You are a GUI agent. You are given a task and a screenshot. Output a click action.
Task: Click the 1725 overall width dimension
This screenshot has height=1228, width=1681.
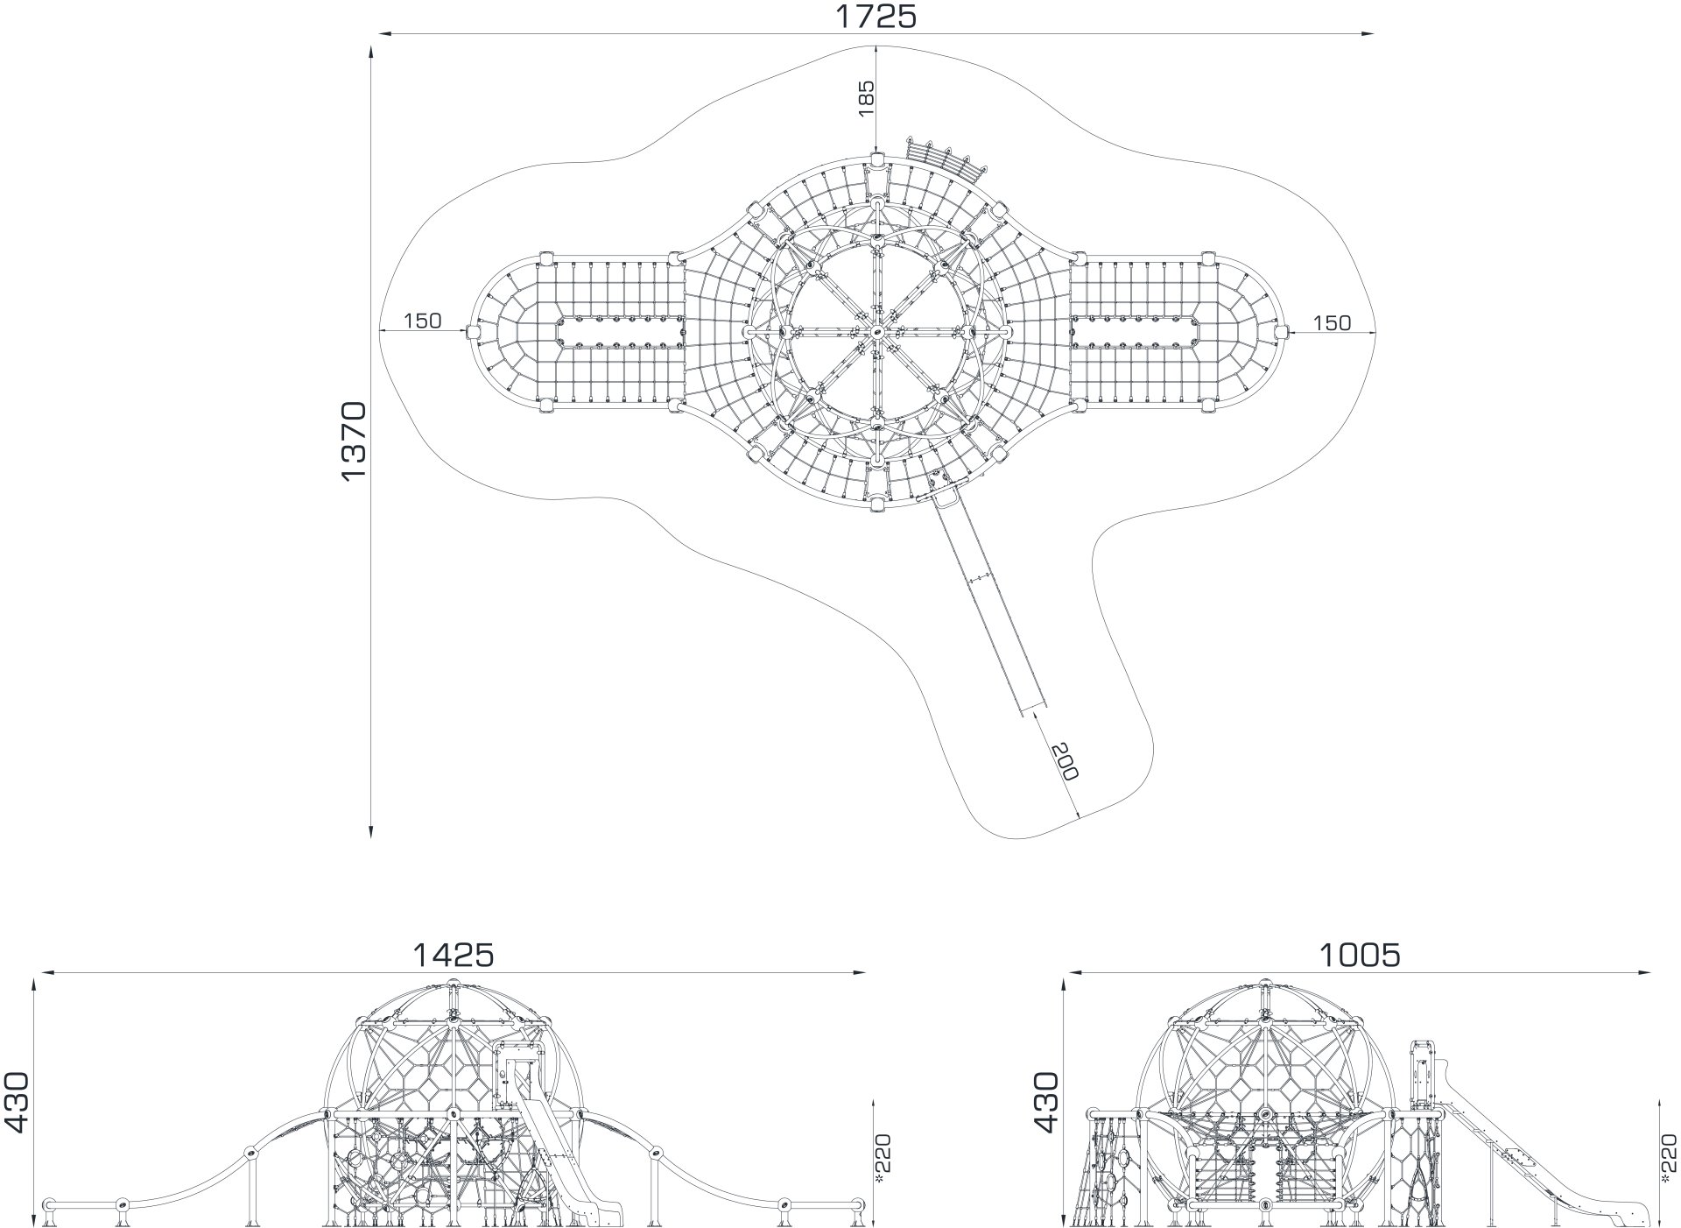(876, 16)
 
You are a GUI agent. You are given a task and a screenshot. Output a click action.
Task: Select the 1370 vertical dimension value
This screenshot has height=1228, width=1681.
(354, 441)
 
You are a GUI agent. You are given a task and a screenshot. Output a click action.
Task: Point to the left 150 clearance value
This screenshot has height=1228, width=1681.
(423, 321)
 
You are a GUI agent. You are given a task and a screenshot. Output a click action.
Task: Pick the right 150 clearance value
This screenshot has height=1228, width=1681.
(1333, 323)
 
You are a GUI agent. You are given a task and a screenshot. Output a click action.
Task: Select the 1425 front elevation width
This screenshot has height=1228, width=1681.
(454, 955)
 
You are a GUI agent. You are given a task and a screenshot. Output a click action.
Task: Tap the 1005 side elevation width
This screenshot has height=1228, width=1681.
(1360, 955)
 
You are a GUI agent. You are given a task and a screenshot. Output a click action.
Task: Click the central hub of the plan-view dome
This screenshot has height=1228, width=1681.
(876, 332)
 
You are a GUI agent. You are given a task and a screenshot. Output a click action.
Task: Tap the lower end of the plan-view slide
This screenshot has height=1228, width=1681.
(1034, 711)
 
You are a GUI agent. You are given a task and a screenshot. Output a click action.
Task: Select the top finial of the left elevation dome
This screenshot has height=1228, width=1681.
(453, 985)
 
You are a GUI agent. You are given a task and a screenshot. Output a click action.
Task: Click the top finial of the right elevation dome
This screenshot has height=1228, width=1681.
(1264, 985)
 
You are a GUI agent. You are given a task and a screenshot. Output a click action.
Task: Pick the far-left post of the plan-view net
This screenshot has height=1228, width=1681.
(474, 331)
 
